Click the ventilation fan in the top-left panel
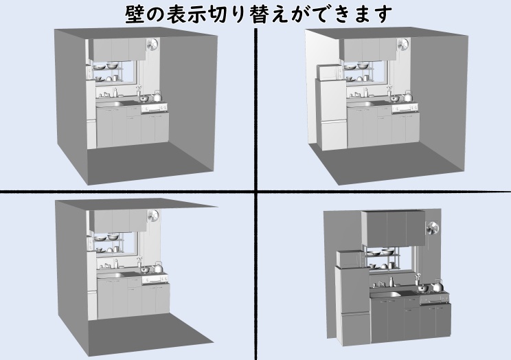[152, 45]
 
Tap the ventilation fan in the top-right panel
[403, 45]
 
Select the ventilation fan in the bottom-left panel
[153, 216]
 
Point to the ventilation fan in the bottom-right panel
[433, 228]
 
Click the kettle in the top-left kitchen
[157, 96]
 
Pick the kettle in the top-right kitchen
[407, 96]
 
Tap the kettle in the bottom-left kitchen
[158, 267]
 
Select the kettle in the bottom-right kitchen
[438, 286]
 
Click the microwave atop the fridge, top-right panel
[328, 73]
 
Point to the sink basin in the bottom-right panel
[385, 295]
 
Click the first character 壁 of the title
[135, 14]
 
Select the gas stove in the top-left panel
[154, 108]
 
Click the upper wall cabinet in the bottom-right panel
[394, 228]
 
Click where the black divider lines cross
[255, 191]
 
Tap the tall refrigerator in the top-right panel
[330, 114]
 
